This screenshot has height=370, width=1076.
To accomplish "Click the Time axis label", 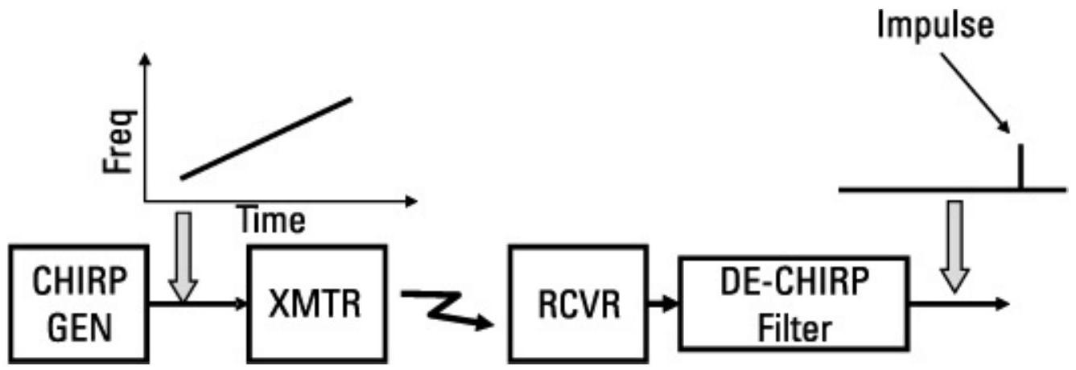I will [271, 221].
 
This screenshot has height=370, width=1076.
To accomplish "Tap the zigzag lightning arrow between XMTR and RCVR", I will [447, 310].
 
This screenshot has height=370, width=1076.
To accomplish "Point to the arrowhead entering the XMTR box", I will [240, 303].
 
